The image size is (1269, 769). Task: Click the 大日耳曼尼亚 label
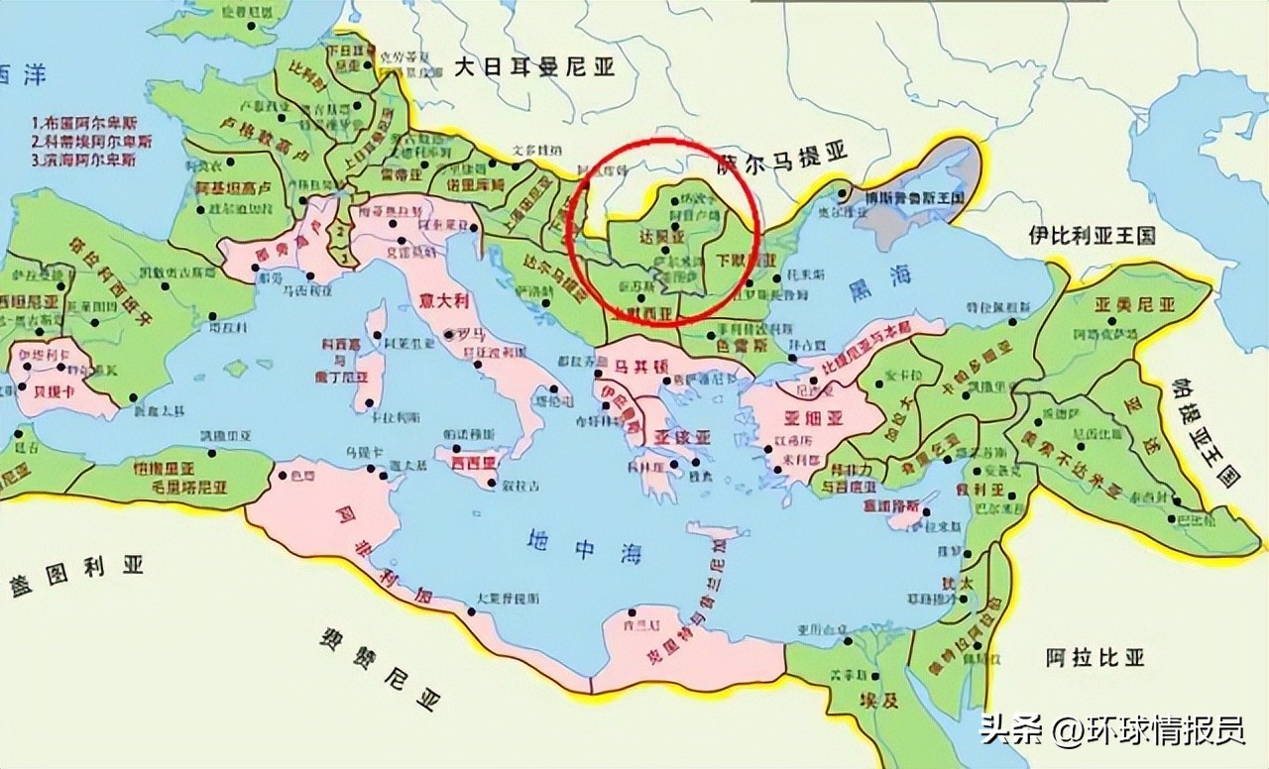[x=534, y=67]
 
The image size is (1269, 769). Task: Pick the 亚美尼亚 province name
[x=1133, y=304]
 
